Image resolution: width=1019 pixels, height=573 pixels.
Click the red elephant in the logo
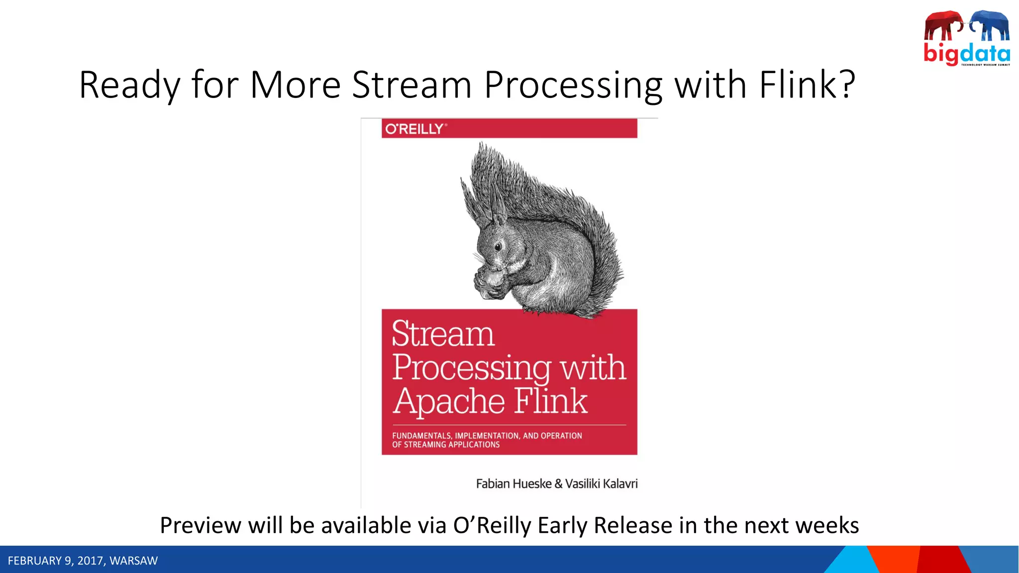click(x=942, y=25)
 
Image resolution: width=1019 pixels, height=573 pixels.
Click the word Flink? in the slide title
click(x=807, y=85)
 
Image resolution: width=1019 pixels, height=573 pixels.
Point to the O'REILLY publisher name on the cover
click(x=414, y=129)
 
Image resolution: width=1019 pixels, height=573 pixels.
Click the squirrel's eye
click(x=498, y=246)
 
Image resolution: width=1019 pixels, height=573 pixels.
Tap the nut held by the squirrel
click(x=493, y=276)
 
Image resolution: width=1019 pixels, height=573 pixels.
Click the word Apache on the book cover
click(x=449, y=401)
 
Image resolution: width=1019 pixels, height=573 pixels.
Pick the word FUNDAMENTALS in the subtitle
click(x=421, y=436)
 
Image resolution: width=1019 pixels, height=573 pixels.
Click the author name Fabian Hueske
click(x=513, y=483)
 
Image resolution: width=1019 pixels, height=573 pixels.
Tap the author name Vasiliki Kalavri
click(x=601, y=483)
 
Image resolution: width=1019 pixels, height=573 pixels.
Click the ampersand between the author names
click(x=558, y=483)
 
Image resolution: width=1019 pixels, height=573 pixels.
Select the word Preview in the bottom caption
click(x=200, y=525)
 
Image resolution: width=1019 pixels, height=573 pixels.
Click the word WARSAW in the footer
click(x=133, y=561)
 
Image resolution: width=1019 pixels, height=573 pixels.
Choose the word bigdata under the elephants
click(x=966, y=53)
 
